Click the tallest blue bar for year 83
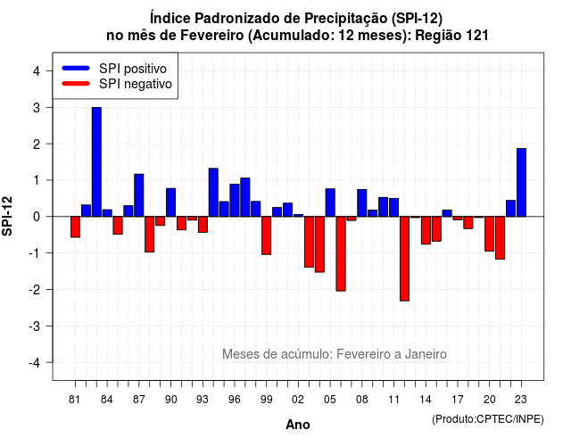(96, 162)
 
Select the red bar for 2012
(404, 259)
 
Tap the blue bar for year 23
(521, 182)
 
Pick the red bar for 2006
(341, 253)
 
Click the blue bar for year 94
(213, 193)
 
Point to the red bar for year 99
(266, 235)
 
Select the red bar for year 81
(75, 227)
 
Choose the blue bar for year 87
(139, 195)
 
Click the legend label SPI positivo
(133, 69)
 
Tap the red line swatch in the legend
(76, 83)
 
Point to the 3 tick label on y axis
(36, 108)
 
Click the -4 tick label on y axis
(35, 363)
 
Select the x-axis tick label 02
(297, 400)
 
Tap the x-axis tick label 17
(458, 400)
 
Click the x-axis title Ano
(298, 425)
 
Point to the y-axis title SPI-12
(7, 216)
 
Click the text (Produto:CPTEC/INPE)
(488, 419)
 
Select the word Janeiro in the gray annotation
(426, 354)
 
